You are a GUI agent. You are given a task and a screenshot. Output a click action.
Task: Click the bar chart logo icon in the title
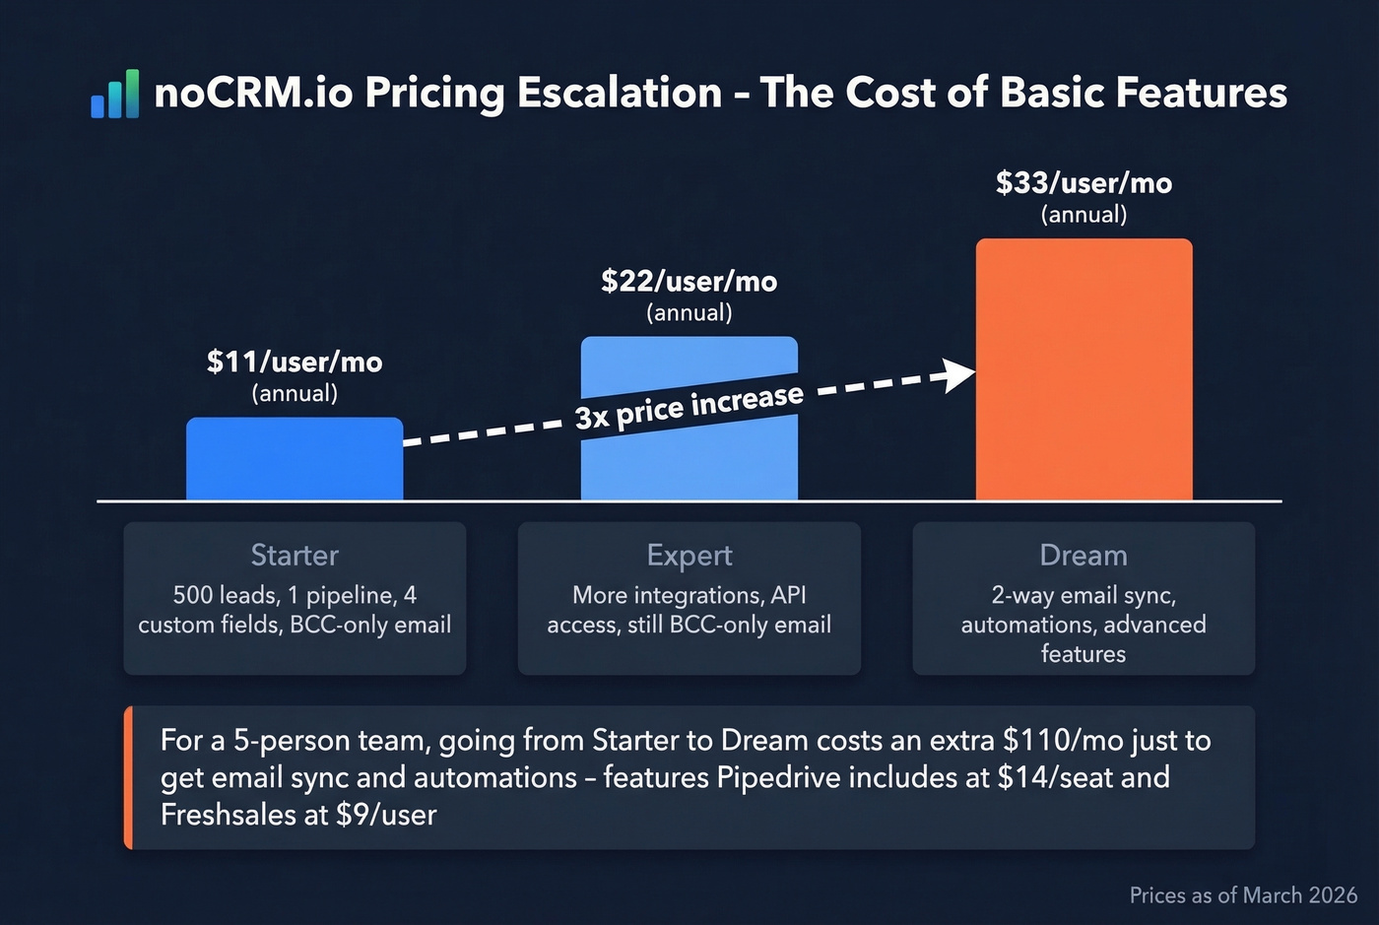click(115, 95)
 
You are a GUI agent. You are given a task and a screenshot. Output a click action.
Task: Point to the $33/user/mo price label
click(1083, 183)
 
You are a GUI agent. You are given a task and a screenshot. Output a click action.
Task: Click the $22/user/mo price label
click(689, 282)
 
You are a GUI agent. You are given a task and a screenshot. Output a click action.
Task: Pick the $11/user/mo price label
click(295, 363)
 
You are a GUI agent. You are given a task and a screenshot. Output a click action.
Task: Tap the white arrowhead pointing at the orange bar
click(958, 375)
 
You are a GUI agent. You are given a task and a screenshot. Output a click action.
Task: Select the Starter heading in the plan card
click(295, 556)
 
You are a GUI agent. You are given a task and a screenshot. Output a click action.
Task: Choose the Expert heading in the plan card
click(689, 556)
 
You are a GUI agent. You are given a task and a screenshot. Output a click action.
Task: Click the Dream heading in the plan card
click(1083, 556)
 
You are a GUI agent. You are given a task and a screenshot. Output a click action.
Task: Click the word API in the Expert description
click(788, 596)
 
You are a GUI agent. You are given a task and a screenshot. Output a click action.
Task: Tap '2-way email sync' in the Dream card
click(1083, 596)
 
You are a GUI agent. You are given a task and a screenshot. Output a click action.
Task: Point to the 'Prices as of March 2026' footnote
click(1243, 895)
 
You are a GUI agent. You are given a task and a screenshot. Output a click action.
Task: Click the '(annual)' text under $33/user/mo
click(1083, 215)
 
